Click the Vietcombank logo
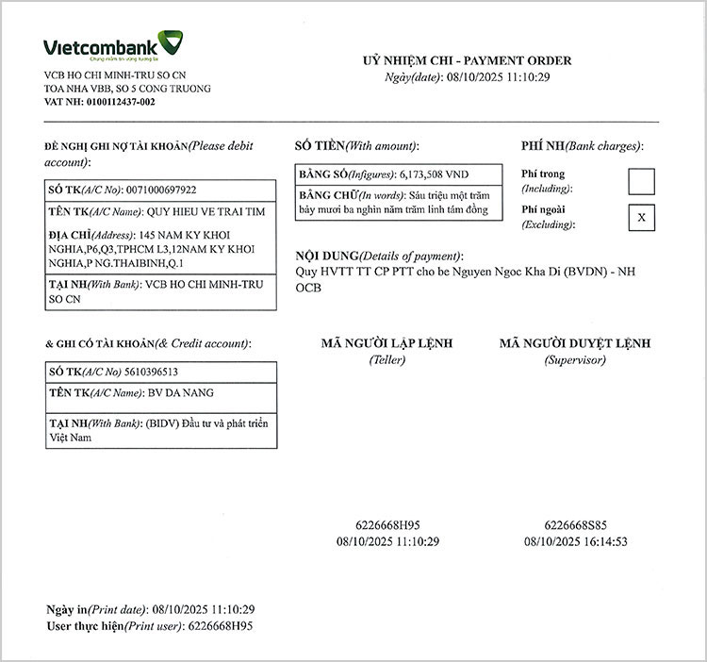[113, 46]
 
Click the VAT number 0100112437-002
[120, 102]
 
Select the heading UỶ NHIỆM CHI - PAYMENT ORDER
[467, 60]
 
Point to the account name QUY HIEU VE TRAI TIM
[201, 212]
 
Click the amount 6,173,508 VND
[435, 175]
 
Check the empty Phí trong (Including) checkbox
[641, 180]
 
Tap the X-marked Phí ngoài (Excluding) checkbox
[641, 218]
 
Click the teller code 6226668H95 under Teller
[387, 525]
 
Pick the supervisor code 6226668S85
[575, 525]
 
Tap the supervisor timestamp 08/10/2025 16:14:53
[575, 541]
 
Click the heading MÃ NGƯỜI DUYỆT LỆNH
[574, 344]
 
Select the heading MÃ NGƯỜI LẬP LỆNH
[386, 344]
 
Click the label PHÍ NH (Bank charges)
[582, 146]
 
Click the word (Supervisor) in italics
[574, 360]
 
